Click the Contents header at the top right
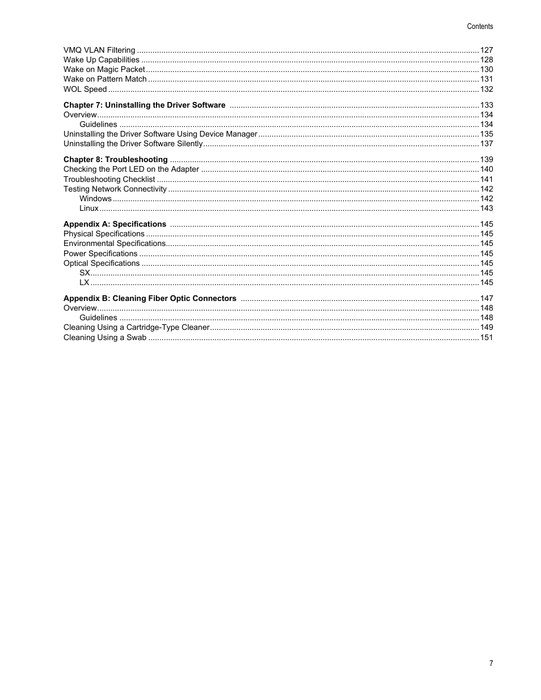pyautogui.click(x=480, y=27)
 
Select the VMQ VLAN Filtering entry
pyautogui.click(x=99, y=50)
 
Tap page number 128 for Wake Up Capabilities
pyautogui.click(x=487, y=60)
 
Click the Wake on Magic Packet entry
pyautogui.click(x=104, y=70)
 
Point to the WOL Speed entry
pyautogui.click(x=85, y=90)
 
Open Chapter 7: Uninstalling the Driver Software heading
pyautogui.click(x=145, y=105)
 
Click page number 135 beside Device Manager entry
pyautogui.click(x=487, y=134)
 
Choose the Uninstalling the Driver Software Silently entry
pyautogui.click(x=133, y=144)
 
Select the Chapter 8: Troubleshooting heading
pyautogui.click(x=116, y=160)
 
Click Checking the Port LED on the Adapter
pyautogui.click(x=131, y=169)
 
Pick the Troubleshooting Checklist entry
pyautogui.click(x=109, y=180)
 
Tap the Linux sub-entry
pyautogui.click(x=88, y=209)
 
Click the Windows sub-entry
pyautogui.click(x=95, y=199)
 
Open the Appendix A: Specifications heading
pyautogui.click(x=115, y=224)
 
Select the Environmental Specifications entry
pyautogui.click(x=115, y=244)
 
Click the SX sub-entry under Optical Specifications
pyautogui.click(x=84, y=273)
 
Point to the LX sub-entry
pyautogui.click(x=84, y=283)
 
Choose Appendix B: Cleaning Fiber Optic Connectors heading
pyautogui.click(x=150, y=299)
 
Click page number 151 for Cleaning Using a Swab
pyautogui.click(x=487, y=338)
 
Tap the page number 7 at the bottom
pyautogui.click(x=491, y=664)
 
